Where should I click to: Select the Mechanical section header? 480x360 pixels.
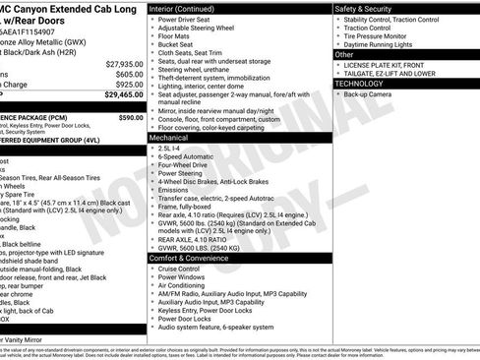(x=169, y=139)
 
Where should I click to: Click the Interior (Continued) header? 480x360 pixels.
(x=184, y=7)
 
